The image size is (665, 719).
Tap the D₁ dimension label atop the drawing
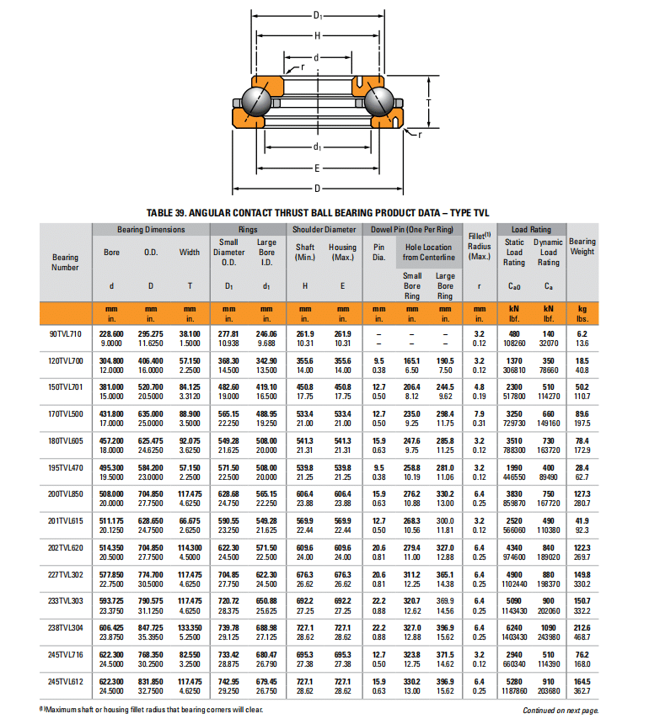tap(317, 15)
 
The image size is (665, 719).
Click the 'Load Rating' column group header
tap(531, 229)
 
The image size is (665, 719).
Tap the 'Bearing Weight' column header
tap(582, 246)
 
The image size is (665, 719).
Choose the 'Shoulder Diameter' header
tap(324, 229)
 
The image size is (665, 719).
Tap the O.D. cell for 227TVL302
tap(151, 579)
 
